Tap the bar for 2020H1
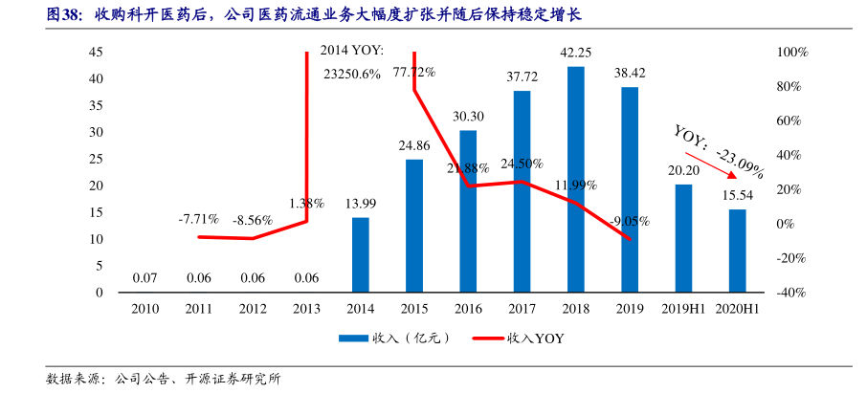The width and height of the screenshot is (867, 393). click(x=737, y=251)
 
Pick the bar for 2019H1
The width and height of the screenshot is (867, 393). click(x=683, y=238)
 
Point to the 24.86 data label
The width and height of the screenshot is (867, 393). click(x=414, y=145)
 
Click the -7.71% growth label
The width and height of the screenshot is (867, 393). click(x=198, y=219)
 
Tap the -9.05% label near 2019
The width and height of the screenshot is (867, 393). click(x=630, y=221)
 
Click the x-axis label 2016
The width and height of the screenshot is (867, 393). click(x=468, y=309)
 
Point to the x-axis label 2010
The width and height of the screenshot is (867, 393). click(x=145, y=309)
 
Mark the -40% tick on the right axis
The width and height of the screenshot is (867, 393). click(x=791, y=293)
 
